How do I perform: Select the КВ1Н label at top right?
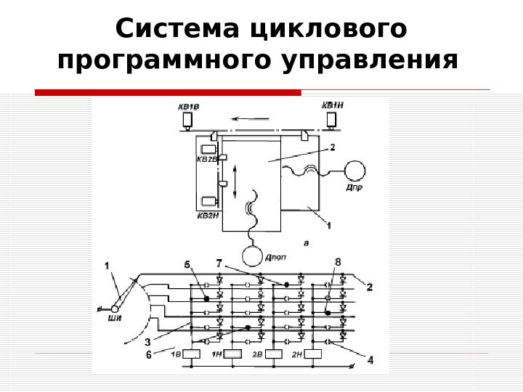pos(332,105)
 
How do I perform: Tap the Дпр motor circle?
pos(356,170)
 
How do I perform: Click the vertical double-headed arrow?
pos(235,181)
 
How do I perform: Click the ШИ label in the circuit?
pos(114,317)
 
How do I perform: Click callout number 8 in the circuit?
pos(336,261)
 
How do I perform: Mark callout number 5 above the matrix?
pos(187,265)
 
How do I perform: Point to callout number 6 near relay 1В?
pos(149,354)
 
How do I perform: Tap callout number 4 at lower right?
pos(370,359)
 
